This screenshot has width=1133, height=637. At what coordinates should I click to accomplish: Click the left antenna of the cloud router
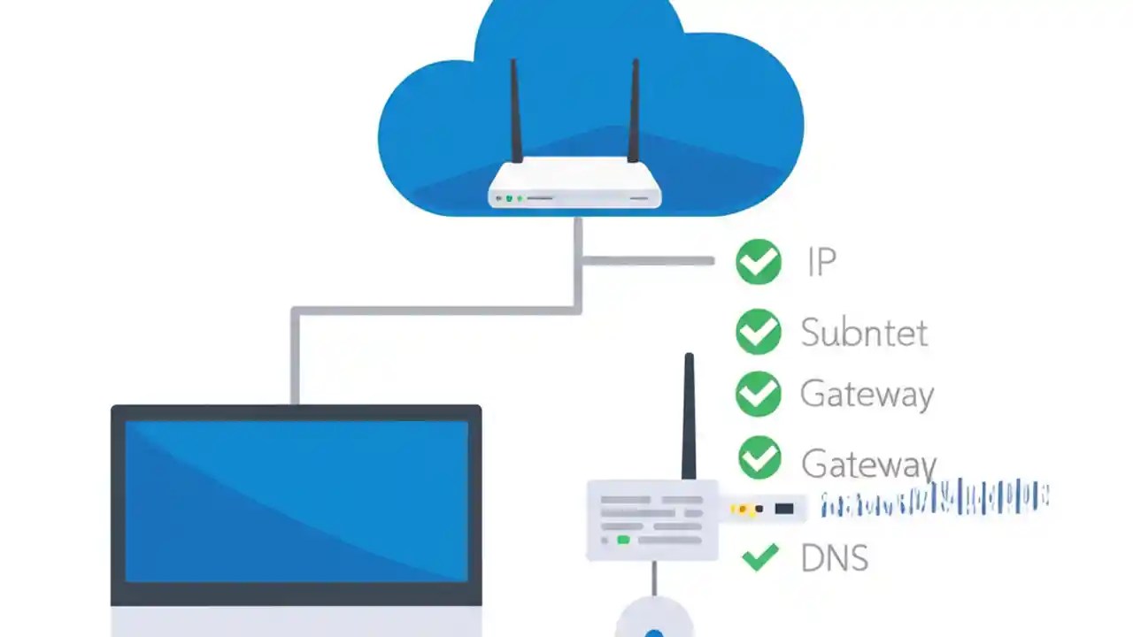click(516, 111)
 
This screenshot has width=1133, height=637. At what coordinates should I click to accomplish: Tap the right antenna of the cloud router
click(634, 111)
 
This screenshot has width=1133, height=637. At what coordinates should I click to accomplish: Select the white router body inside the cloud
click(574, 186)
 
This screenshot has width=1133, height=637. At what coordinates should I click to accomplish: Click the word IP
click(821, 263)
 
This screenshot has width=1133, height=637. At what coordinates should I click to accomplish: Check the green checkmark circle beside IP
click(759, 262)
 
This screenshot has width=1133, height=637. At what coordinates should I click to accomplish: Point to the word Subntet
click(864, 333)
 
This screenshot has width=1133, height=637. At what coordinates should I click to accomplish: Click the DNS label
click(834, 558)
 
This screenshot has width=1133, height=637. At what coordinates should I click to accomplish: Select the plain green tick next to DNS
click(759, 556)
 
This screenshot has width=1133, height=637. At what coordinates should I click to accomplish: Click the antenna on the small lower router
click(689, 416)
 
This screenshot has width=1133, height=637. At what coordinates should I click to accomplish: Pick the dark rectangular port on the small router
click(783, 509)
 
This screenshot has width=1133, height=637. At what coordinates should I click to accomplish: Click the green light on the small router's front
click(623, 539)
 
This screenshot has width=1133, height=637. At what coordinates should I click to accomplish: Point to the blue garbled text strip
click(934, 501)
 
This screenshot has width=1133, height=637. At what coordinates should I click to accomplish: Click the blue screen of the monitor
click(297, 500)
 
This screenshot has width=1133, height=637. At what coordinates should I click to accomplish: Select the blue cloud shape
click(425, 133)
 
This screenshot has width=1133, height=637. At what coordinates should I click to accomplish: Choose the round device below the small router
click(653, 622)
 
